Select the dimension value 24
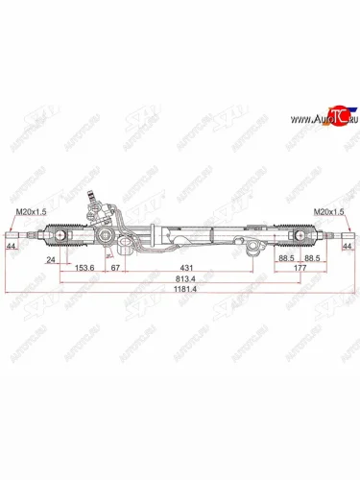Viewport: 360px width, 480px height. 49,259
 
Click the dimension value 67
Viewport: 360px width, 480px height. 114,269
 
